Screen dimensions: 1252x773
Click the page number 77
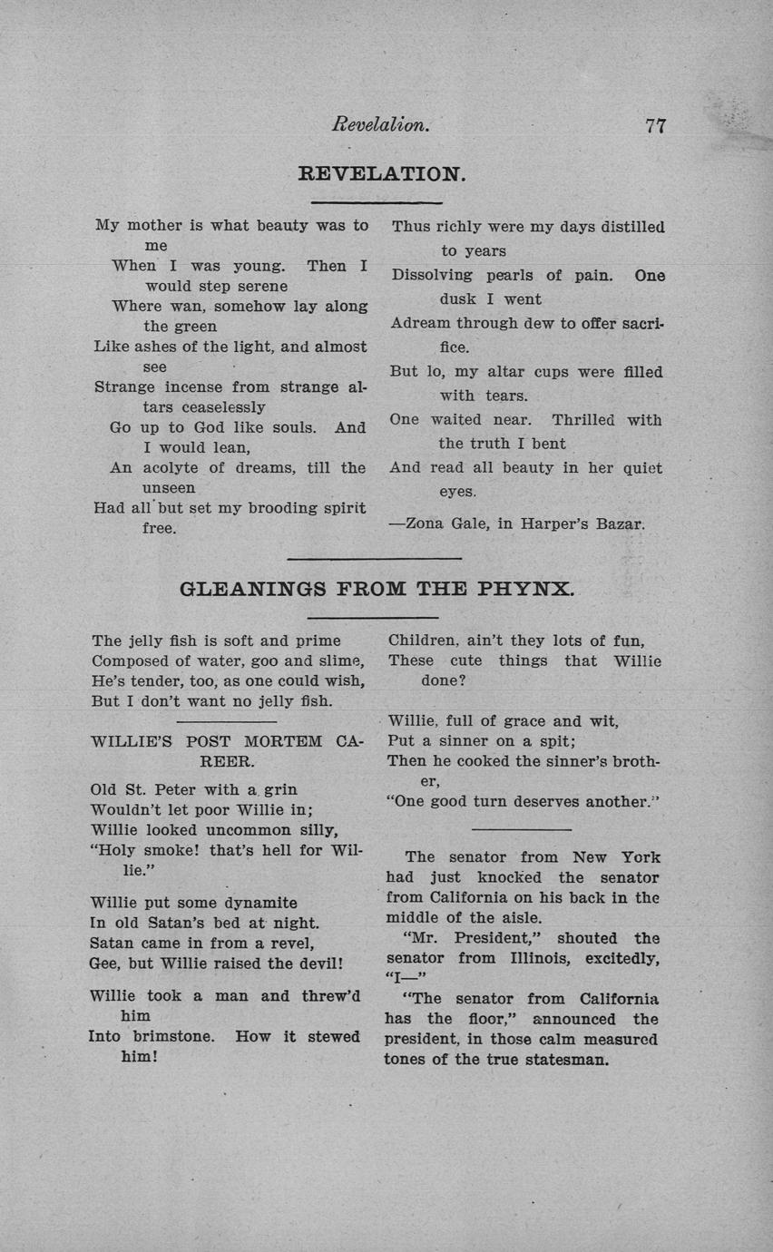tap(656, 126)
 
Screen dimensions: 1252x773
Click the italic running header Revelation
tap(380, 125)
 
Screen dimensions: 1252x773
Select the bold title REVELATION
tap(382, 173)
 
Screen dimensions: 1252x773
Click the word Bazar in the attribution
tap(621, 523)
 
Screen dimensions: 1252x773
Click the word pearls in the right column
tap(509, 275)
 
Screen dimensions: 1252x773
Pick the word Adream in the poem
tap(420, 323)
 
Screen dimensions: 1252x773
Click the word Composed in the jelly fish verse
tap(128, 660)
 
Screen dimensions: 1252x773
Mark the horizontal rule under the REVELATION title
tap(377, 202)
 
